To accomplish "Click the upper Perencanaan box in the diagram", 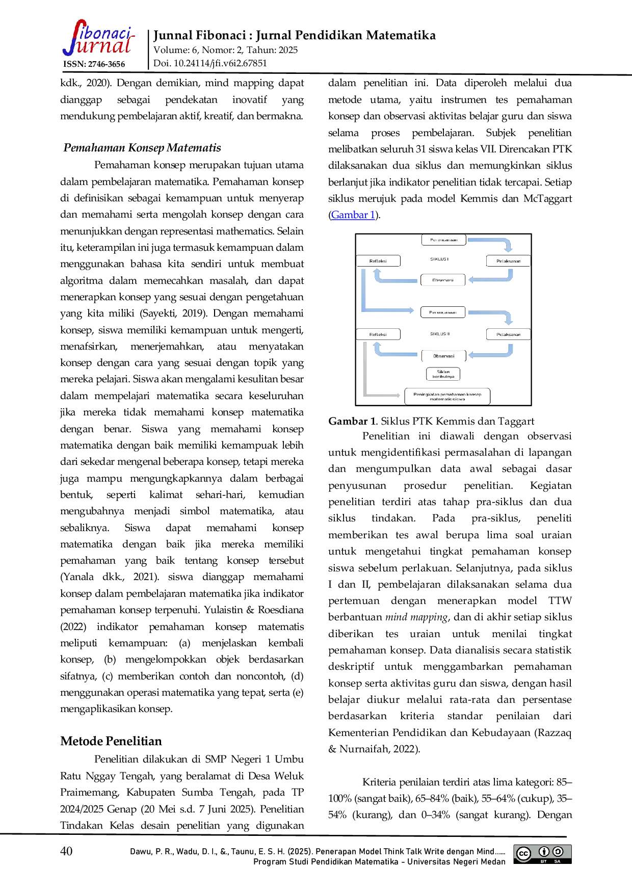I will (x=443, y=240).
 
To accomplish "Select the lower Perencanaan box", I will (x=442, y=312).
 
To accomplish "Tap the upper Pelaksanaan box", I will (x=508, y=261).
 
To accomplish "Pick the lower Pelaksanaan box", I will (x=508, y=334).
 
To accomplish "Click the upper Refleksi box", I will (x=378, y=261).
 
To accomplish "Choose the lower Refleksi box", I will (x=378, y=334).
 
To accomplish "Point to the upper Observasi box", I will (x=442, y=280).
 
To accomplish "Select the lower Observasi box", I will (x=443, y=356).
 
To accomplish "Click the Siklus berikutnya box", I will (x=443, y=374).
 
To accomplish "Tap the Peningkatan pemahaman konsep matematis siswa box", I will (x=447, y=397).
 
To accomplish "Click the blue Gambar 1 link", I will (x=353, y=215).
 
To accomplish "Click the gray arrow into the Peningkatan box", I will (x=382, y=395).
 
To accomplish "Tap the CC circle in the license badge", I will (x=523, y=854).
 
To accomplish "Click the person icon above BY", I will (x=544, y=851).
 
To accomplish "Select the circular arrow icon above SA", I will (x=558, y=851).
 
